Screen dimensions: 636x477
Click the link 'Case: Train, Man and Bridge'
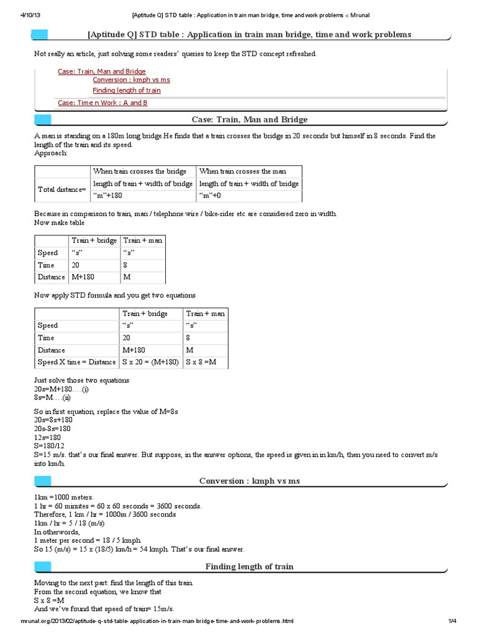click(x=102, y=71)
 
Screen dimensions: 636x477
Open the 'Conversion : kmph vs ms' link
click(x=131, y=80)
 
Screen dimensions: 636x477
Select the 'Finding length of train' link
click(x=127, y=91)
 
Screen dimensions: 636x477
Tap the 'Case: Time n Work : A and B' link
click(x=102, y=102)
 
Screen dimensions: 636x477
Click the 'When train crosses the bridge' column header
click(x=140, y=171)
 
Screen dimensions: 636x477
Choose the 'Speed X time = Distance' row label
click(x=76, y=362)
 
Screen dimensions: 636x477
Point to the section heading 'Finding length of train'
click(x=250, y=566)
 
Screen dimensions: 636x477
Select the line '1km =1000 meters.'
click(x=64, y=497)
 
